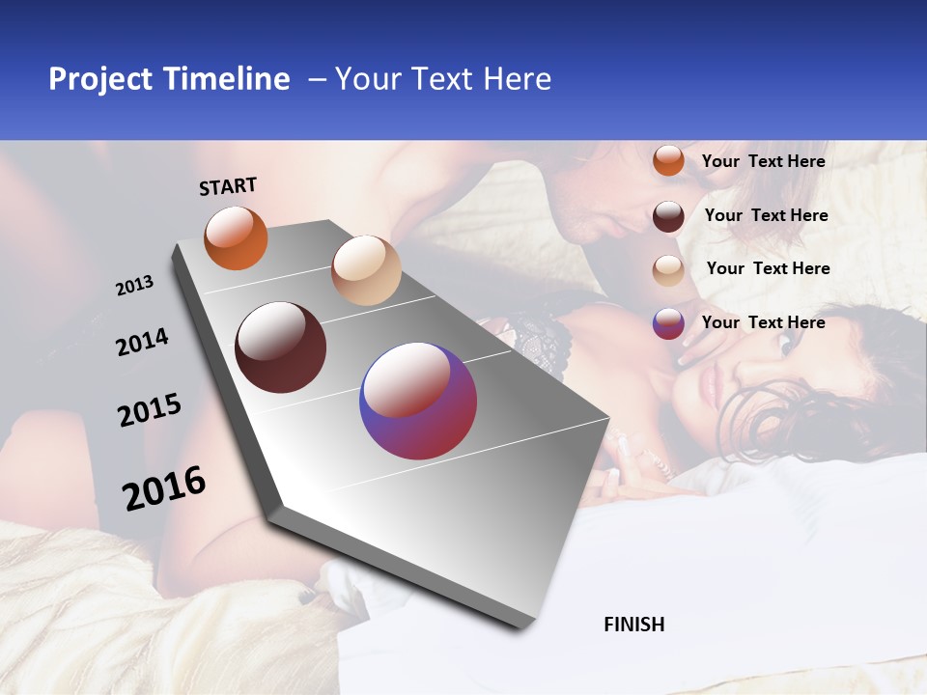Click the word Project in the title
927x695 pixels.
(x=99, y=79)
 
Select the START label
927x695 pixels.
(x=228, y=186)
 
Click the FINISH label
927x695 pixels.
(x=634, y=625)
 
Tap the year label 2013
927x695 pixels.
(x=135, y=286)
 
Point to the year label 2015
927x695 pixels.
(x=150, y=410)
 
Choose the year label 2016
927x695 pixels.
(x=164, y=487)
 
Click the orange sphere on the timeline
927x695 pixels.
(x=236, y=237)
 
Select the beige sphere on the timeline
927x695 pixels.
(x=366, y=270)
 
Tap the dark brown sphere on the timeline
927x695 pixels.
(x=280, y=347)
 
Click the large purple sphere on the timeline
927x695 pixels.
(x=418, y=401)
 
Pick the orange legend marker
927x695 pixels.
(x=668, y=160)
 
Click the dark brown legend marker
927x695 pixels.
(x=668, y=216)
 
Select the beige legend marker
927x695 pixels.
(x=668, y=270)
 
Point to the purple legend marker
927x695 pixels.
(x=668, y=323)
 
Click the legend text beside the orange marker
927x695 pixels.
(x=763, y=161)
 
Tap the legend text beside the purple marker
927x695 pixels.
(x=763, y=322)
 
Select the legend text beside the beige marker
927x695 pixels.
(x=768, y=268)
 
